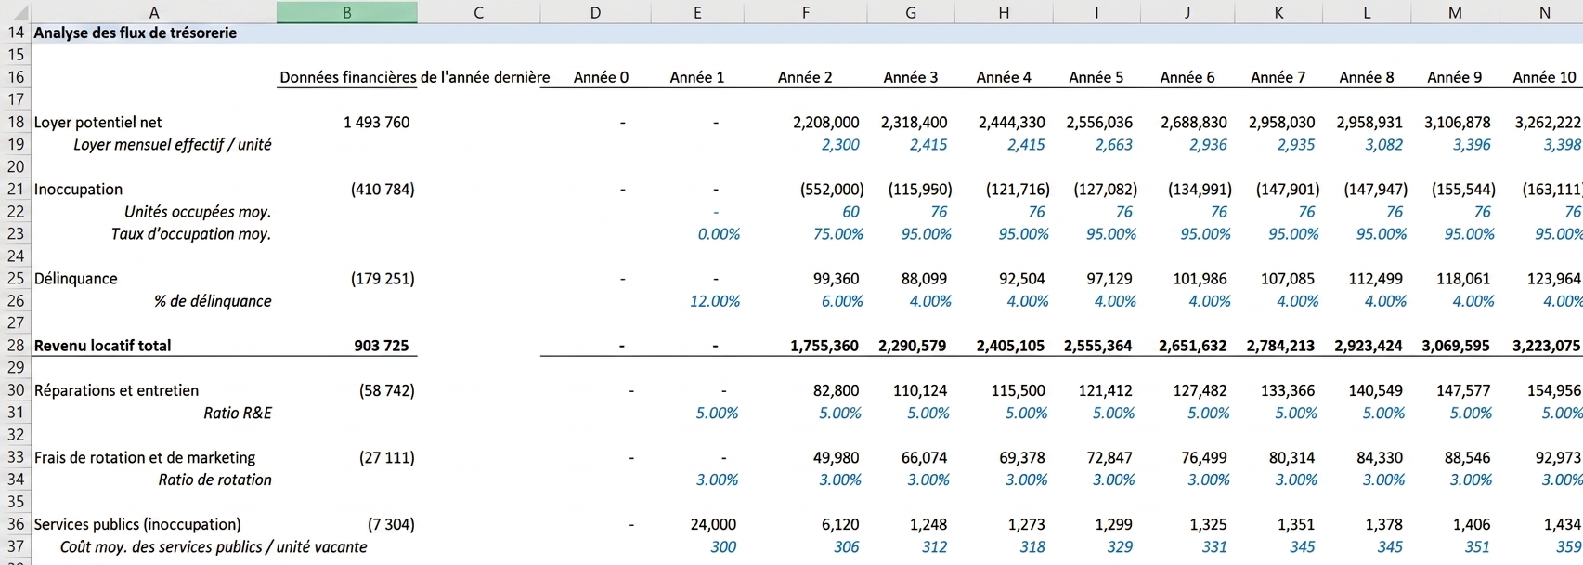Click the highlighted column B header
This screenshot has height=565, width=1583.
tap(346, 12)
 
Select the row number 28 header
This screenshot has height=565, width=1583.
tap(16, 346)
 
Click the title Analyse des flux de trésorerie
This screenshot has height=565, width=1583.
tap(135, 33)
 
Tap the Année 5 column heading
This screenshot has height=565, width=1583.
tap(1096, 77)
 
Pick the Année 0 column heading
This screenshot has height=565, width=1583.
tap(601, 77)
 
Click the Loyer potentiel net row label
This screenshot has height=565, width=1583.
tap(97, 123)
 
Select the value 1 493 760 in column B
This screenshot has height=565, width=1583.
tap(376, 123)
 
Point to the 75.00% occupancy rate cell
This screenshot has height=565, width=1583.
tap(837, 234)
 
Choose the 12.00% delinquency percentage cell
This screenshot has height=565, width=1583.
tap(715, 301)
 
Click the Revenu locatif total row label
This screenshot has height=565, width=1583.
tap(102, 346)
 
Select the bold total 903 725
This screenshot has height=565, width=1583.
tap(381, 346)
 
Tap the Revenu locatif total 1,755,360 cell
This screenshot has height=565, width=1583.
tap(824, 346)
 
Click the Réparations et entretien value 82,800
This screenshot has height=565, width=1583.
tap(836, 390)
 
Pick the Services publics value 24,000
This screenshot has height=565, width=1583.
tap(713, 525)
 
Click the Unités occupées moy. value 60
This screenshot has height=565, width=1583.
tap(850, 212)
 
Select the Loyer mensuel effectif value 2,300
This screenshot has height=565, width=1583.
tap(839, 145)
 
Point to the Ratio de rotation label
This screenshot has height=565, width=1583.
tap(214, 480)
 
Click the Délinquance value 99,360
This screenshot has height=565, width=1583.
tap(836, 279)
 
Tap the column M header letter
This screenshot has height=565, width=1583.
tap(1454, 12)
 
